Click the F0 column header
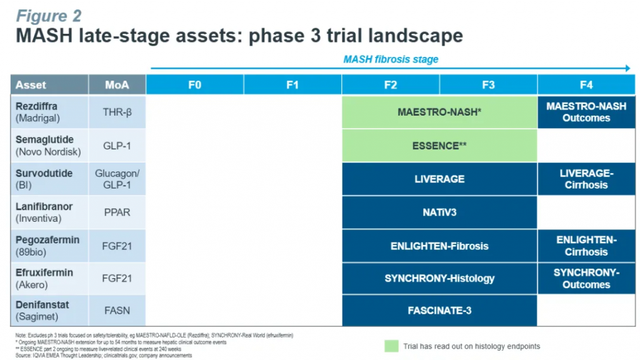click(195, 85)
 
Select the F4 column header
click(586, 85)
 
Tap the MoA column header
click(117, 85)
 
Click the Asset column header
click(49, 85)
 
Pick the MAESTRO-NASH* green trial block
click(439, 112)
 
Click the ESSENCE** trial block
click(439, 146)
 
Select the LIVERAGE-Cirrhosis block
click(586, 179)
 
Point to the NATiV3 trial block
click(439, 212)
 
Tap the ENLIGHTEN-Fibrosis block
click(439, 246)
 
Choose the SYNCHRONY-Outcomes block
click(586, 278)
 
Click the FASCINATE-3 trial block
click(439, 311)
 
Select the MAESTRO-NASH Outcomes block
click(586, 112)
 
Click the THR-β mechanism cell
click(117, 112)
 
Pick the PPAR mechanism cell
click(117, 212)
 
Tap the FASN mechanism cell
click(117, 311)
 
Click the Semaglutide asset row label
click(48, 146)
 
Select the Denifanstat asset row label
click(42, 311)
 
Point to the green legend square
click(391, 346)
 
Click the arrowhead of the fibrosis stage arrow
click(628, 68)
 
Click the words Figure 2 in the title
click(49, 16)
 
